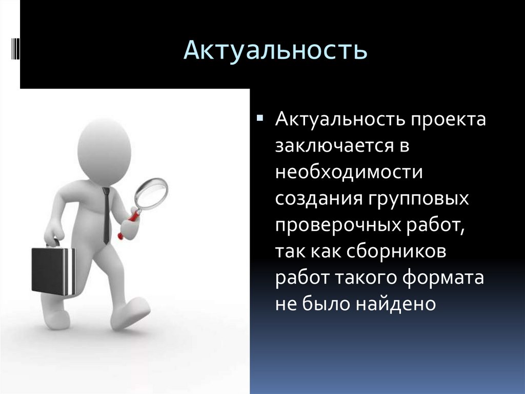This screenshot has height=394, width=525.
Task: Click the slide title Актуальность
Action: point(276,50)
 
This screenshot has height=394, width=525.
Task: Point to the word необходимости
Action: point(349,172)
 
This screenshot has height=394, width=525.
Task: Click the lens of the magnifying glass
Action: point(152,193)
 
